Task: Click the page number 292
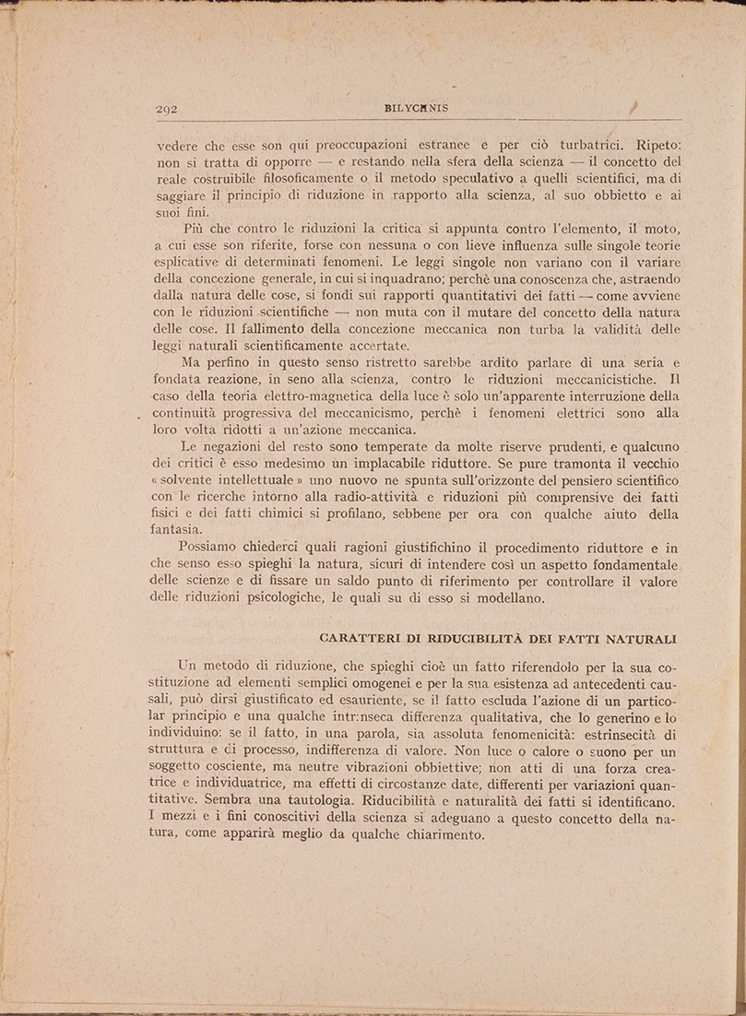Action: click(x=168, y=109)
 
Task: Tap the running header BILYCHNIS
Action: click(x=416, y=108)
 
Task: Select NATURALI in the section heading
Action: click(x=637, y=638)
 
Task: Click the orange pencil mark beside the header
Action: click(x=634, y=108)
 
